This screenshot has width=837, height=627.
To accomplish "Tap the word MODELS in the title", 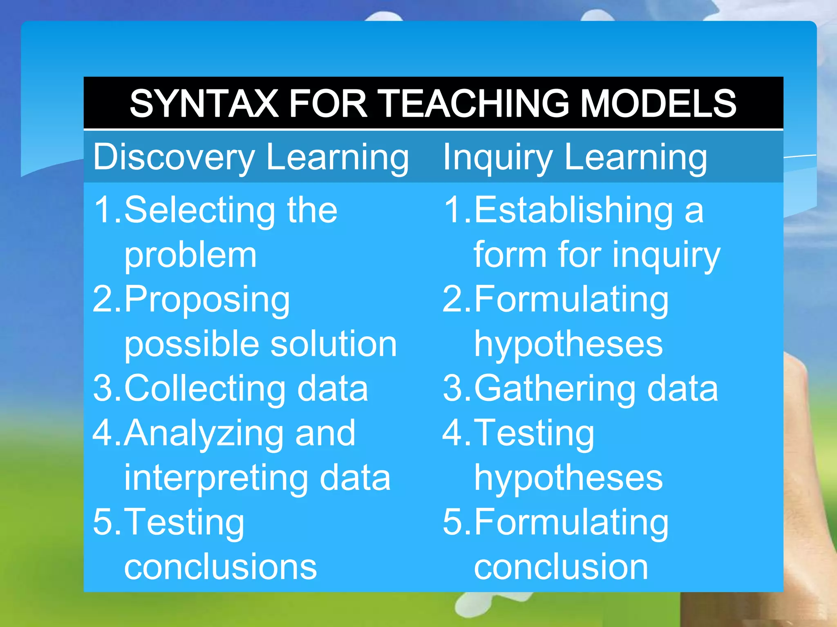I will click(x=658, y=104).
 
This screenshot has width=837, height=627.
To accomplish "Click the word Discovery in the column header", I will click(x=174, y=158).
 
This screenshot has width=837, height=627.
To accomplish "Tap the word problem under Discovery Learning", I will click(x=190, y=255).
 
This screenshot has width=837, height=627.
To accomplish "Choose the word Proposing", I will click(x=207, y=300).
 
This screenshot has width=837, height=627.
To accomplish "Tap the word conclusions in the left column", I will click(x=220, y=567).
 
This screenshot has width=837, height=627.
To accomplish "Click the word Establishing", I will click(x=573, y=211).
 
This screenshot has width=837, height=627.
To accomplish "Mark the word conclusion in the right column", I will click(x=561, y=567).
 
